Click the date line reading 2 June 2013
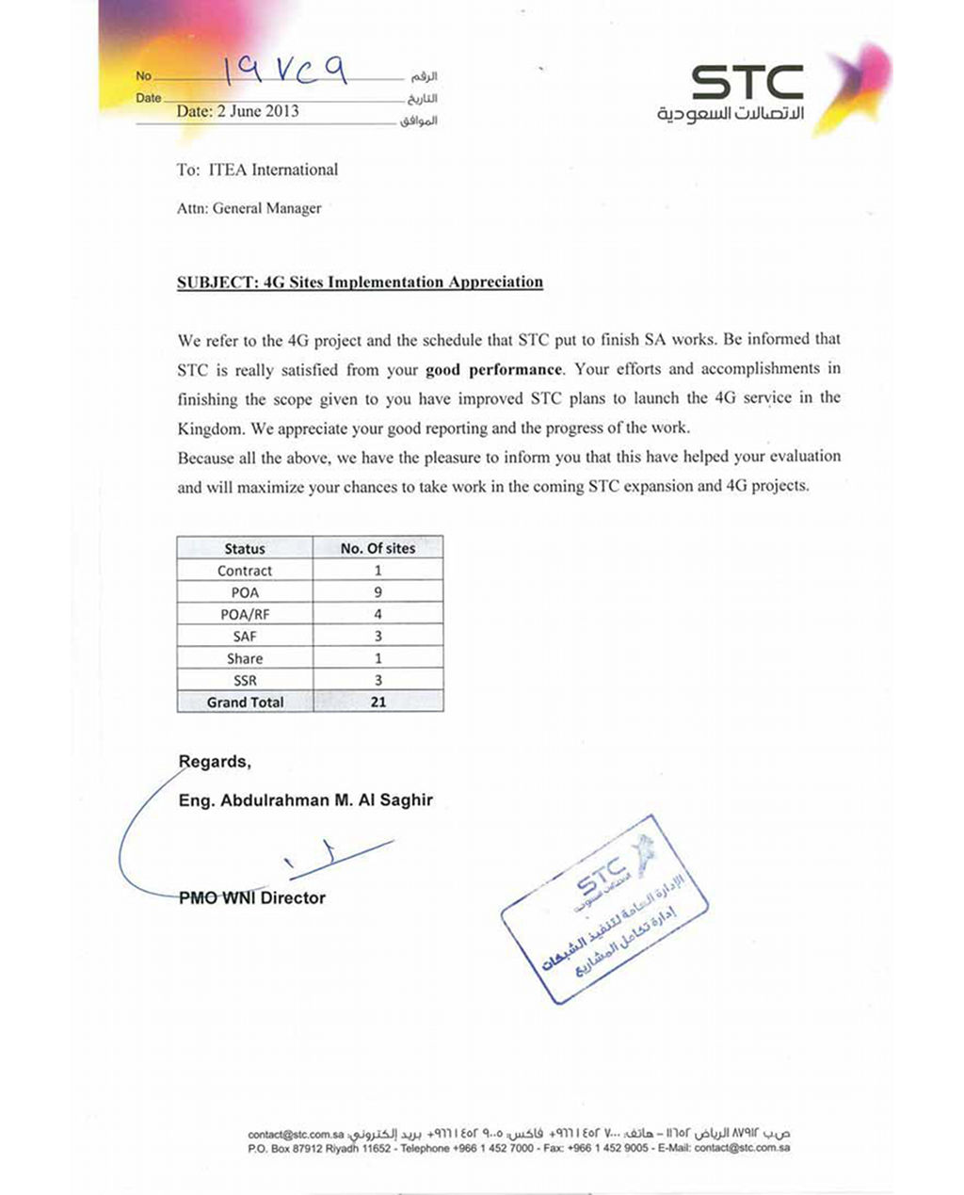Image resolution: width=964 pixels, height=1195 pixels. click(237, 111)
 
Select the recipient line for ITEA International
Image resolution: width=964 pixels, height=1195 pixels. click(257, 170)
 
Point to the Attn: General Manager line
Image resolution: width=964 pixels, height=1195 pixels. click(249, 208)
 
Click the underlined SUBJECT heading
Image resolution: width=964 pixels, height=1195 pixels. click(360, 282)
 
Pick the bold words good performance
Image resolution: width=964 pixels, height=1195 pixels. click(493, 369)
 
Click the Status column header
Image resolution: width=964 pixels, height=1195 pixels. click(245, 548)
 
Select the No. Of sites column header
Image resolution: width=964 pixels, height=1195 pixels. click(378, 548)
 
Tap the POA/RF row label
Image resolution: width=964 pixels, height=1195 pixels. click(245, 614)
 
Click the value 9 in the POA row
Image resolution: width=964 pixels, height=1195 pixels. click(378, 592)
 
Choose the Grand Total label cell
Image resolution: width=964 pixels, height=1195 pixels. click(245, 702)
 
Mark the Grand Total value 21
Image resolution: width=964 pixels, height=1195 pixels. click(378, 702)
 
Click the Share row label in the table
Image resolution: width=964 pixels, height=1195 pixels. click(245, 658)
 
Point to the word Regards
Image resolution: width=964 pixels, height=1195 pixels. click(215, 762)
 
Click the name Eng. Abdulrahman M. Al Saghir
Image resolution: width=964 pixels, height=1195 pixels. click(306, 800)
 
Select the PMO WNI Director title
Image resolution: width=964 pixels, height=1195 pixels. click(252, 898)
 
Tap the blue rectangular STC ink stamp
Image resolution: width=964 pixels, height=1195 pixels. click(603, 908)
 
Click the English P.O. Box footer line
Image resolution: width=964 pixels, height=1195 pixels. click(519, 1149)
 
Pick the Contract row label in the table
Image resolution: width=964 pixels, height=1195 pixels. click(245, 571)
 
